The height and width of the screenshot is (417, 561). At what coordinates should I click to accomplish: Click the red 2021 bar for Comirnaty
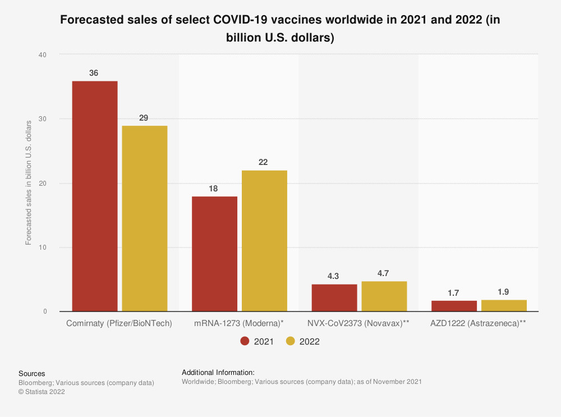coord(95,196)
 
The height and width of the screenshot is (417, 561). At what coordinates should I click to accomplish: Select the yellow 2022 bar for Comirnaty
coord(144,218)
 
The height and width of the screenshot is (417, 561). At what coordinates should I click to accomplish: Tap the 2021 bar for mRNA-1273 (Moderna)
coord(214,254)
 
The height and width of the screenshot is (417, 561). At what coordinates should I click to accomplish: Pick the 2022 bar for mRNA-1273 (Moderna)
coord(264,241)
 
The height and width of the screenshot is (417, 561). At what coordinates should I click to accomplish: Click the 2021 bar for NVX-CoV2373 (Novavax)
coord(334,297)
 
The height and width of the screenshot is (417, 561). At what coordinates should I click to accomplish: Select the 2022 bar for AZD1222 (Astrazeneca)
coord(504,305)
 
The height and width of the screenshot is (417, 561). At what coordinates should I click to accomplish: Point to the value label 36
coord(95,73)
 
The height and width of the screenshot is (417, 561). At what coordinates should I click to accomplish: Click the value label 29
coord(144,118)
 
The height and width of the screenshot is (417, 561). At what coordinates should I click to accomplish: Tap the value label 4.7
coord(384,273)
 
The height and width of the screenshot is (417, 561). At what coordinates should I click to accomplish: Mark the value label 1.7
coord(454,292)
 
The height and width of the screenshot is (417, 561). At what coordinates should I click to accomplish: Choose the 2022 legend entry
coord(303,341)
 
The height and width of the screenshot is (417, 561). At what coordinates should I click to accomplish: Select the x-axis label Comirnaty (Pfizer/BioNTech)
coord(119,324)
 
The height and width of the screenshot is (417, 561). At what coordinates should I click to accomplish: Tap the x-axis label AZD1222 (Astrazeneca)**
coord(479,324)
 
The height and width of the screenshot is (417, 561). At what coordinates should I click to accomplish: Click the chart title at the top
coord(280,29)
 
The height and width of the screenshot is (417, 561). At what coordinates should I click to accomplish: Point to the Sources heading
coord(32,373)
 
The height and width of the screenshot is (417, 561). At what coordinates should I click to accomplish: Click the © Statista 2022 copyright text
coord(42,392)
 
